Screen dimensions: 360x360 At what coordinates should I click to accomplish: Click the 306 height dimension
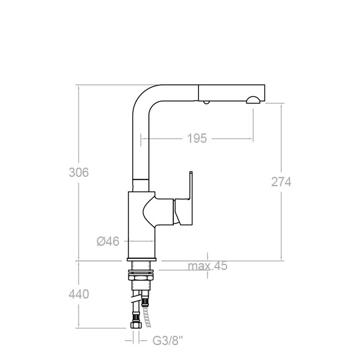79,173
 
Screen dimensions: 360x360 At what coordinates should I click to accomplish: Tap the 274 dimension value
281,182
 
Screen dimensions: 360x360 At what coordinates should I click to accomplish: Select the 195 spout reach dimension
197,138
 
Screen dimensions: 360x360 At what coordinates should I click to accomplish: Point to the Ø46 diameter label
108,241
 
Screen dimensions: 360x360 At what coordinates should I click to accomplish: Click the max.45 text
207,266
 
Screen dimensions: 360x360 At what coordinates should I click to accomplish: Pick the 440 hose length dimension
79,294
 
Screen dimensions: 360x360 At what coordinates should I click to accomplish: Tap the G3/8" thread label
168,341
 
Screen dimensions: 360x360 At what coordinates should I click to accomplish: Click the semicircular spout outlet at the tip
253,100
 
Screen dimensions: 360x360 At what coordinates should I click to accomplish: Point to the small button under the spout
206,102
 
